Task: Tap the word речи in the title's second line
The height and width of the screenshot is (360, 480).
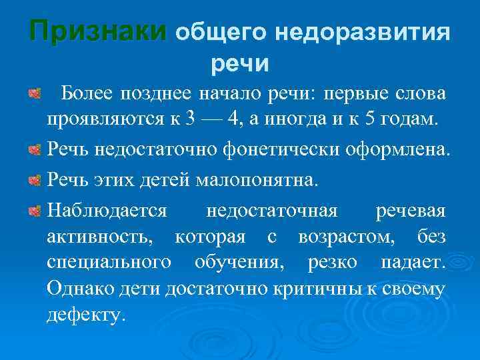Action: [240, 63]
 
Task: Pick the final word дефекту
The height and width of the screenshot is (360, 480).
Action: [85, 314]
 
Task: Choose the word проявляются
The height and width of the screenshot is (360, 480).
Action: [107, 121]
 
